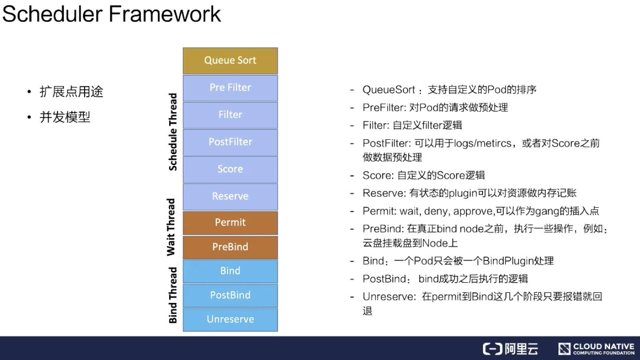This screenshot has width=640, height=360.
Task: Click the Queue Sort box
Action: pos(230,60)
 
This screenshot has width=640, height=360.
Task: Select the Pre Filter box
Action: pos(230,87)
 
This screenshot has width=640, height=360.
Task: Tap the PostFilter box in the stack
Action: pos(230,142)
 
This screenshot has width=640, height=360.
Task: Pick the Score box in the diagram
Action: pos(230,169)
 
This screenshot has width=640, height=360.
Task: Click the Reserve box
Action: pos(230,196)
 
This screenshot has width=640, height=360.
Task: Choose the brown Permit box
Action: pos(230,222)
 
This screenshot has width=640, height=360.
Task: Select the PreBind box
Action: pos(230,247)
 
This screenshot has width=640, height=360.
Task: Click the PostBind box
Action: pos(230,295)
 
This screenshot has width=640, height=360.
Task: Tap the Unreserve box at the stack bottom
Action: pos(230,319)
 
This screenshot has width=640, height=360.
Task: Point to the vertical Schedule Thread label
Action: pos(173,132)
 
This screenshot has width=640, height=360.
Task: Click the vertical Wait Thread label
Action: pos(171,227)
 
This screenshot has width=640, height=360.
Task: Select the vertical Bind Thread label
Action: pos(173,295)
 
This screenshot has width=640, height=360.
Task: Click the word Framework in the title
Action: pos(165,14)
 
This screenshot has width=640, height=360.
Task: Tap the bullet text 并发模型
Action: pos(65,117)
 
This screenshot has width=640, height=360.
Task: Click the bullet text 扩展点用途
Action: pos(71,92)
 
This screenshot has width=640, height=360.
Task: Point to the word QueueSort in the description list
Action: pos(388,90)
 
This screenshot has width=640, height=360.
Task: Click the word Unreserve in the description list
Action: pos(388,297)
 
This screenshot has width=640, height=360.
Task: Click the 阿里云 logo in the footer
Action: pos(510,349)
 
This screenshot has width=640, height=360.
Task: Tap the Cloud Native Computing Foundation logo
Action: pos(596,349)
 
